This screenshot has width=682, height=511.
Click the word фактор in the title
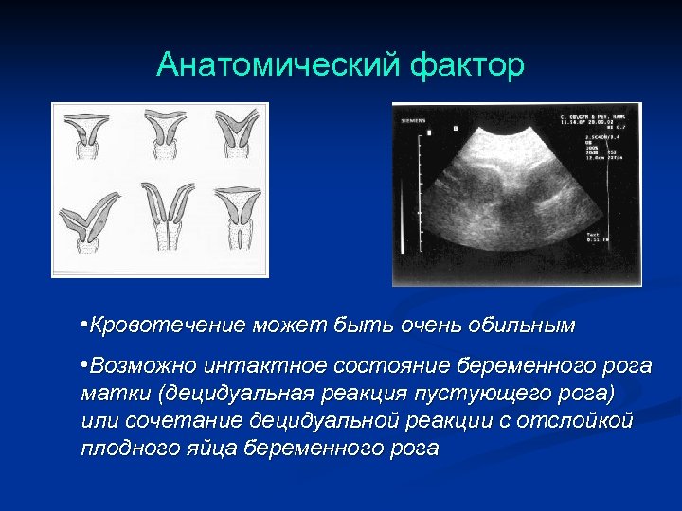click(x=468, y=65)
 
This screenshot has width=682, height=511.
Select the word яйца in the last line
click(x=213, y=448)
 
